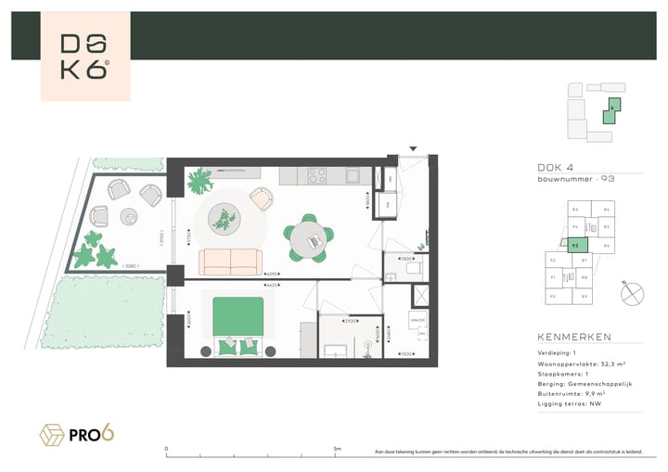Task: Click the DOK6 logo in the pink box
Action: pyautogui.click(x=84, y=57)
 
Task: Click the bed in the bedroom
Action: pyautogui.click(x=240, y=325)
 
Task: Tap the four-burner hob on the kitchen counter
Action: pyautogui.click(x=316, y=174)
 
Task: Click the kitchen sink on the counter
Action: pyautogui.click(x=353, y=174)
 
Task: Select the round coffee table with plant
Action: pyautogui.click(x=224, y=220)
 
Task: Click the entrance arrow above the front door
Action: pyautogui.click(x=414, y=148)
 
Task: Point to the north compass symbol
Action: pyautogui.click(x=633, y=294)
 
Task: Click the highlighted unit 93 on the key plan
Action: pyautogui.click(x=576, y=246)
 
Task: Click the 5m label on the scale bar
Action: pyautogui.click(x=337, y=450)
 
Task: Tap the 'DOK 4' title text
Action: pyautogui.click(x=556, y=168)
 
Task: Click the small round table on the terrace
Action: pyautogui.click(x=129, y=217)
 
